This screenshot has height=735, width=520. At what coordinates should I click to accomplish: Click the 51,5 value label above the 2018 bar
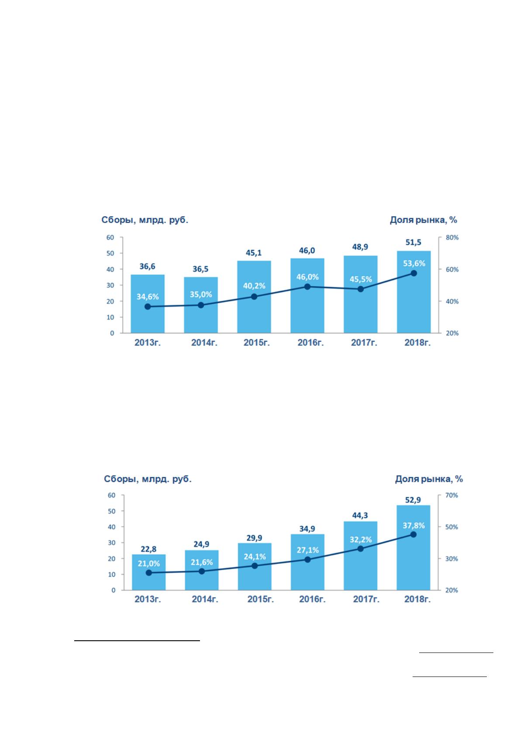(413, 243)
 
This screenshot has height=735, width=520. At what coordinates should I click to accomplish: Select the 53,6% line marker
(414, 273)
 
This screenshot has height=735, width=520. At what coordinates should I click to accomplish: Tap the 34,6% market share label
(148, 297)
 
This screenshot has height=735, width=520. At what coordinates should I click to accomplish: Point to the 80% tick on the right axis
(452, 237)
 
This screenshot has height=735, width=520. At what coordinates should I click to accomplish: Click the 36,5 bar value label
(200, 269)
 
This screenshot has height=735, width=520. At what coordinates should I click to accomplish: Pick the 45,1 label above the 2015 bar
(254, 253)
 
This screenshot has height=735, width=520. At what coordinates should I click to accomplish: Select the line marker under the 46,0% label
(307, 287)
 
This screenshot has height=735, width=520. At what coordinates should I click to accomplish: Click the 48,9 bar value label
(360, 247)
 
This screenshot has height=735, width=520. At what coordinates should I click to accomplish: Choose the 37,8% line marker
(413, 535)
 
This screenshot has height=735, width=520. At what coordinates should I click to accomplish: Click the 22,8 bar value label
(148, 549)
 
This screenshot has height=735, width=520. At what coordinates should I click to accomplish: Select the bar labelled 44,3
(361, 556)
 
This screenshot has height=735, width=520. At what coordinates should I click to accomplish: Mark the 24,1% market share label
(255, 556)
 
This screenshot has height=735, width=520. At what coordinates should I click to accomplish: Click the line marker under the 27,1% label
(308, 560)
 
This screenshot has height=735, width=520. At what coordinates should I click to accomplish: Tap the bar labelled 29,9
(255, 567)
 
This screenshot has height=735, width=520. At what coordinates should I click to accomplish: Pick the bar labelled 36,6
(148, 304)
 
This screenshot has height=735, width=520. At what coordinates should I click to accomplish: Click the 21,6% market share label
(202, 562)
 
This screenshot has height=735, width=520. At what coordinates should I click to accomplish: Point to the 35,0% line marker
(201, 305)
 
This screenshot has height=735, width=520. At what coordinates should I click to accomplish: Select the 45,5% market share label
(361, 279)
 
